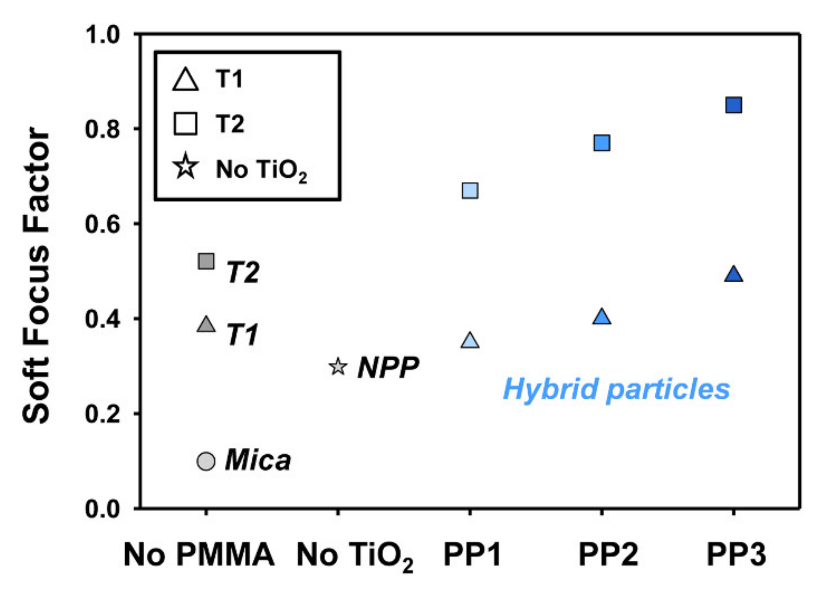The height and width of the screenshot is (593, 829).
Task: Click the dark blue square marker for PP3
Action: click(x=733, y=105)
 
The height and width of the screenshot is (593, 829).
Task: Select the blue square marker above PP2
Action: click(x=601, y=143)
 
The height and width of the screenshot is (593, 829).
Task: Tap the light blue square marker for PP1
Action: click(x=470, y=191)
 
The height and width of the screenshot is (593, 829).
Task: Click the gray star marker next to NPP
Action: click(x=338, y=367)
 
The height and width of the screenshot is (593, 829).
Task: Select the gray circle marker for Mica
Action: click(x=206, y=462)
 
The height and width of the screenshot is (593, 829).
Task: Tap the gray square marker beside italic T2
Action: click(x=206, y=261)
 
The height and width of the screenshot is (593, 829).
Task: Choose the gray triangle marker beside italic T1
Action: click(x=206, y=325)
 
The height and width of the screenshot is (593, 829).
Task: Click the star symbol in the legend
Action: click(x=185, y=167)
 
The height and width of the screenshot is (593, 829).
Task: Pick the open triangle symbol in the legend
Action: click(x=185, y=79)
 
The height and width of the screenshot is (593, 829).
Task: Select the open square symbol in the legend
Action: click(x=185, y=123)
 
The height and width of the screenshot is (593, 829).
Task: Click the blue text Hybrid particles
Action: click(x=616, y=389)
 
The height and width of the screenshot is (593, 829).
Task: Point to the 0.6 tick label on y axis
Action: click(x=102, y=224)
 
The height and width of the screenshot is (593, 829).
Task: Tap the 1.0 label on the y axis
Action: click(x=102, y=34)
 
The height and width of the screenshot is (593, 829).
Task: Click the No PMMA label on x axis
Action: click(x=199, y=555)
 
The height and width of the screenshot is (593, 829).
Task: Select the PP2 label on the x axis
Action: click(x=608, y=555)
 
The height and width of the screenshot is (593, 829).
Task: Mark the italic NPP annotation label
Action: click(x=388, y=368)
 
